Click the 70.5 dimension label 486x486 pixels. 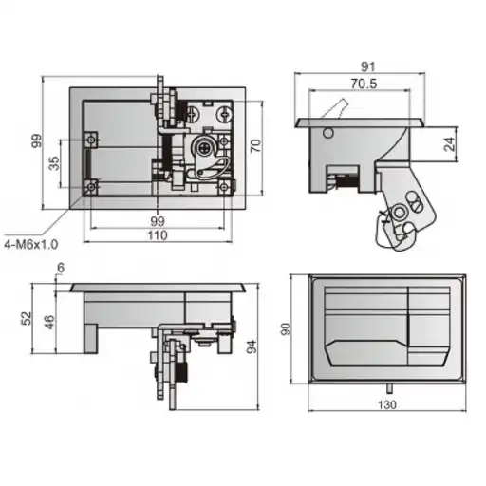pyautogui.click(x=364, y=84)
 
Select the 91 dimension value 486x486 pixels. pyautogui.click(x=367, y=67)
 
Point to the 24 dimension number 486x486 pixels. pyautogui.click(x=450, y=144)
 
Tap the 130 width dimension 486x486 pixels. pyautogui.click(x=387, y=404)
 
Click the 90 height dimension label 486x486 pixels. pyautogui.click(x=286, y=329)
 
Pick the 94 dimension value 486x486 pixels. pyautogui.click(x=252, y=346)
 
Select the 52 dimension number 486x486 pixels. pyautogui.click(x=27, y=318)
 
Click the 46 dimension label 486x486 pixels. pyautogui.click(x=49, y=322)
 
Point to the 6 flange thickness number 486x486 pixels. pyautogui.click(x=61, y=268)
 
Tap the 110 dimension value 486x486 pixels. pyautogui.click(x=158, y=235)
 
